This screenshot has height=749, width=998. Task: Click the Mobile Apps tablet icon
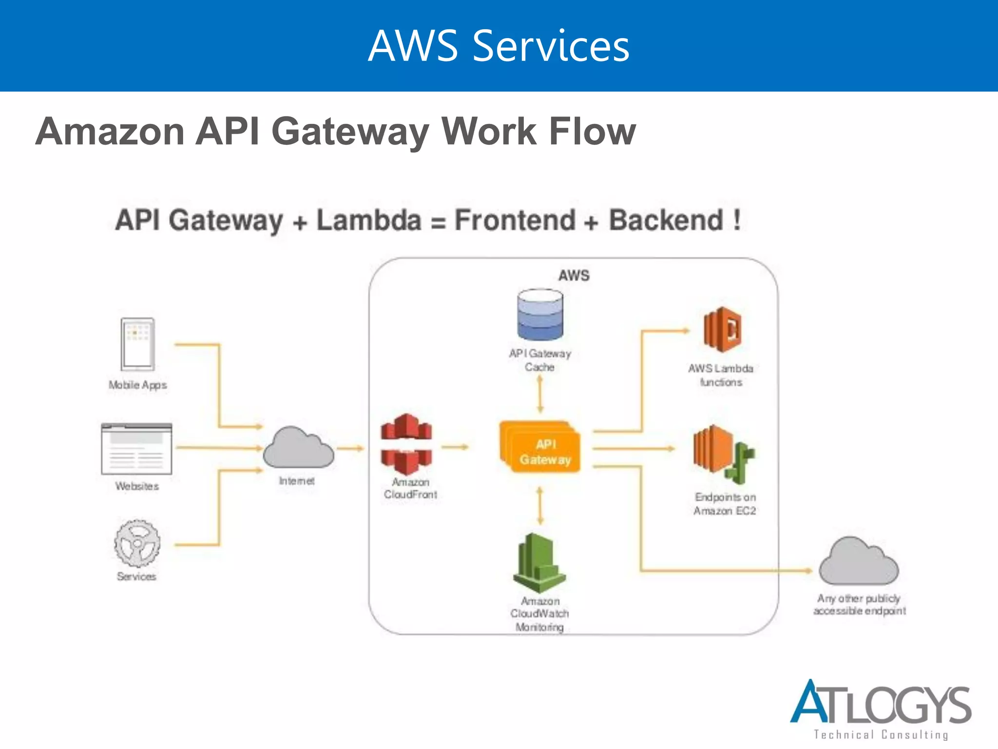138,344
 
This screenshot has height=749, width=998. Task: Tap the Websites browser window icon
136,449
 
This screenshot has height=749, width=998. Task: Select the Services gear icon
137,543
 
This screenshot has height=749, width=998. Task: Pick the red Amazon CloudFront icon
406,444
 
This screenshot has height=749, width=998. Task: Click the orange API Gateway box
540,447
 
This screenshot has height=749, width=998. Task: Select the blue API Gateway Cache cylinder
540,315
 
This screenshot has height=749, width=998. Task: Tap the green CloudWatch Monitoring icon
539,563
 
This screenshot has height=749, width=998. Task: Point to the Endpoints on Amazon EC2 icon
723,453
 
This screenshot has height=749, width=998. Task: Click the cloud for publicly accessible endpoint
859,562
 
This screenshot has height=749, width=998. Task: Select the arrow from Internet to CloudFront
350,448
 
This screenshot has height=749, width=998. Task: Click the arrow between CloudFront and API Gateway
455,447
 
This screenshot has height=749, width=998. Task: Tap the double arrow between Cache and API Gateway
540,394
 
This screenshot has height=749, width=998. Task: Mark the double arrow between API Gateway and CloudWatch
539,506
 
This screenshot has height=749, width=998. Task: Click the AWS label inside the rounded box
574,276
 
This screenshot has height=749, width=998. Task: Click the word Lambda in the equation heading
369,220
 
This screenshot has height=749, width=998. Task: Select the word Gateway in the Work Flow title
350,132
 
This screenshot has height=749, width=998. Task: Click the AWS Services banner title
499,46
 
